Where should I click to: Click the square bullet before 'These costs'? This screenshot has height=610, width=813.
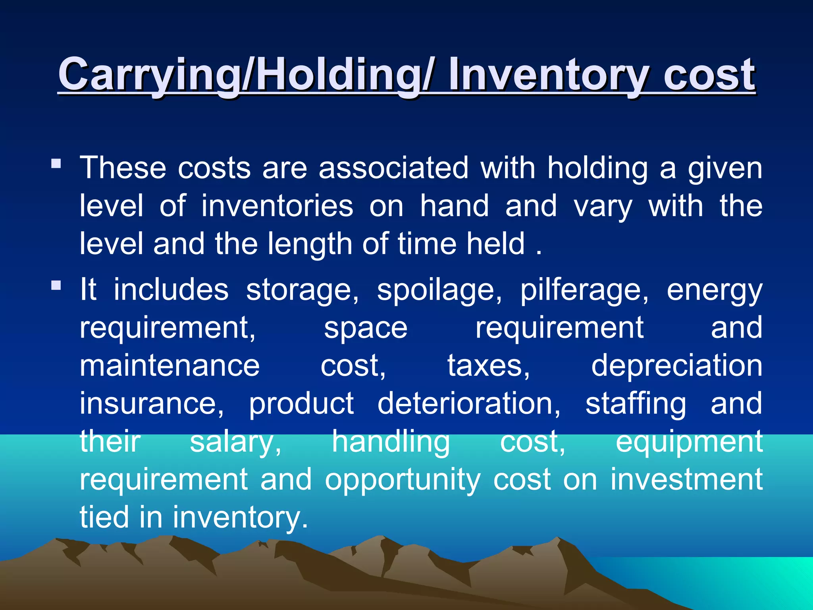point(56,163)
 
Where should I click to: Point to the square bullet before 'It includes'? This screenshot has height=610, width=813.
point(56,285)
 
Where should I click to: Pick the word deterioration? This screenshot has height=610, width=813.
point(469,403)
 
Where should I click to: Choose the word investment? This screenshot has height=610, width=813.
point(686,479)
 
